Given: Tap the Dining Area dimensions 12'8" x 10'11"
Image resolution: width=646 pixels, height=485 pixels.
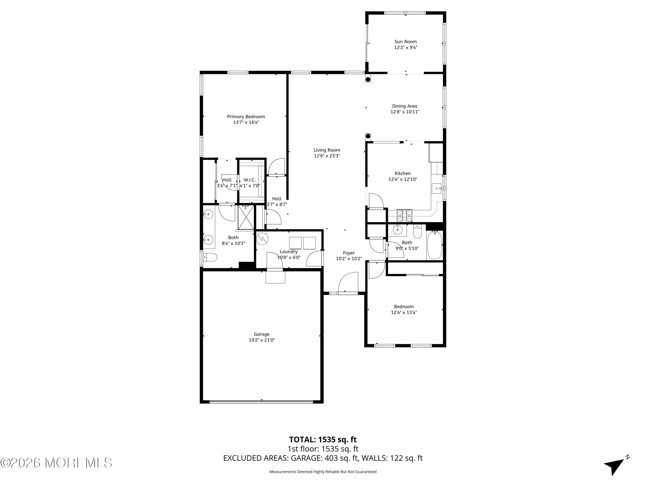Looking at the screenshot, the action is pyautogui.click(x=405, y=112).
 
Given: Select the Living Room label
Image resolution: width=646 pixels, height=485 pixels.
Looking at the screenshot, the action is pyautogui.click(x=327, y=150).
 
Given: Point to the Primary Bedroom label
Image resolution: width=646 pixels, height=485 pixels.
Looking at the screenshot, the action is pyautogui.click(x=246, y=117).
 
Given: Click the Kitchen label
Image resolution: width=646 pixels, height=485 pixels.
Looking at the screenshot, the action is pyautogui.click(x=402, y=173).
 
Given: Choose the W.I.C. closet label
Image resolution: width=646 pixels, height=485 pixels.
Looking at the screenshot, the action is pyautogui.click(x=250, y=180).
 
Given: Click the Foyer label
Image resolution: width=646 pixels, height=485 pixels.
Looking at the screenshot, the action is pyautogui.click(x=349, y=253).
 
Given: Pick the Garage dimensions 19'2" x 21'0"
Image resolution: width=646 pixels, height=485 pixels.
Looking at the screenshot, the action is pyautogui.click(x=261, y=340).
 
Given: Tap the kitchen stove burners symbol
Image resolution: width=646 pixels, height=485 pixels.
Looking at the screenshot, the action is pyautogui.click(x=404, y=216).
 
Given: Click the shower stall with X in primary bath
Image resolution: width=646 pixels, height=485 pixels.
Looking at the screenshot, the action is pyautogui.click(x=246, y=217).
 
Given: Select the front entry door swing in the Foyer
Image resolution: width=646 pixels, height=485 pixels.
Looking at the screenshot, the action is pyautogui.click(x=348, y=282).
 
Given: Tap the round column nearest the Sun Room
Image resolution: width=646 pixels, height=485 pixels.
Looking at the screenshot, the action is pyautogui.click(x=368, y=79).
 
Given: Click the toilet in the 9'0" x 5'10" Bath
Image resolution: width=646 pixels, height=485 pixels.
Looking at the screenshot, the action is pyautogui.click(x=418, y=232).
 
